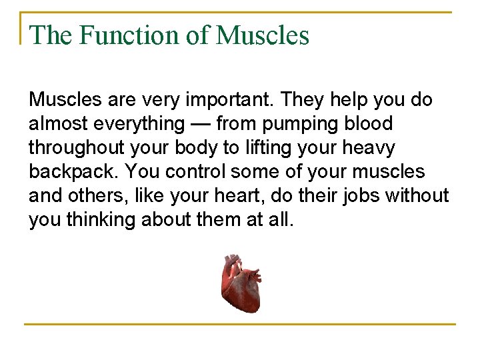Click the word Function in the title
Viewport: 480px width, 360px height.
pyautogui.click(x=129, y=35)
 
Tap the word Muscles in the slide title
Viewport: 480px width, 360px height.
pyautogui.click(x=263, y=35)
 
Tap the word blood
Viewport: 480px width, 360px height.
pyautogui.click(x=369, y=124)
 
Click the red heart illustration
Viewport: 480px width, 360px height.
pyautogui.click(x=241, y=283)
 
